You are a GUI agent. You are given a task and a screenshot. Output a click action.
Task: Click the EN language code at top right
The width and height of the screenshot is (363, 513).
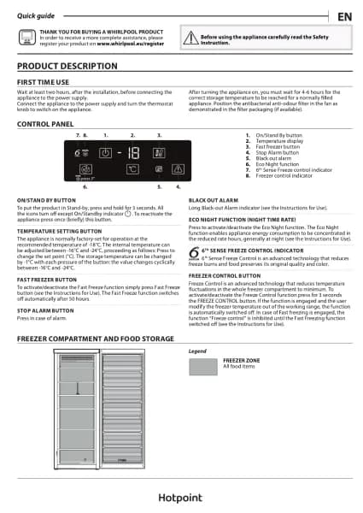point(343,17)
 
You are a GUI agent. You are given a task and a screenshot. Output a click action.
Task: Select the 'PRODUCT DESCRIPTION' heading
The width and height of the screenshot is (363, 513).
point(67,66)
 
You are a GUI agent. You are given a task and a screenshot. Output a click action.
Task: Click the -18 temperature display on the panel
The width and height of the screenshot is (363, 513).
point(132,154)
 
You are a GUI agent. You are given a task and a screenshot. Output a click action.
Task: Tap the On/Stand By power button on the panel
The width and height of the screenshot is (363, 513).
point(105,154)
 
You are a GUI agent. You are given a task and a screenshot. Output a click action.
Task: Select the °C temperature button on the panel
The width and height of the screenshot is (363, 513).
point(132,170)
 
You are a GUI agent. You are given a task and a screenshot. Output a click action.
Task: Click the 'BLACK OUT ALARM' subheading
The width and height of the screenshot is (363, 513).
point(214,199)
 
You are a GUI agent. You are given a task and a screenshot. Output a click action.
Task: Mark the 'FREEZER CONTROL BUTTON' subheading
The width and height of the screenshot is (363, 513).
point(225,276)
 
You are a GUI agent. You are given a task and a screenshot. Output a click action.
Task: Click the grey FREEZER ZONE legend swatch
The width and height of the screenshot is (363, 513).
point(202,367)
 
